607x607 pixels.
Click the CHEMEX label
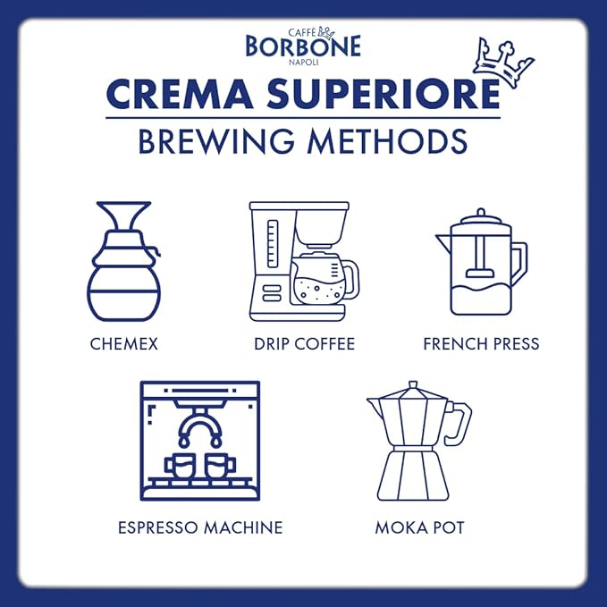coord(123,343)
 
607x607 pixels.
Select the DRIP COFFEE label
coord(303,343)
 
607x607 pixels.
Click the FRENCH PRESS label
coord(481,343)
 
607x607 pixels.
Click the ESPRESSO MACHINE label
coord(200,527)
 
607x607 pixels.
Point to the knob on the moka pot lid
coord(412,386)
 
